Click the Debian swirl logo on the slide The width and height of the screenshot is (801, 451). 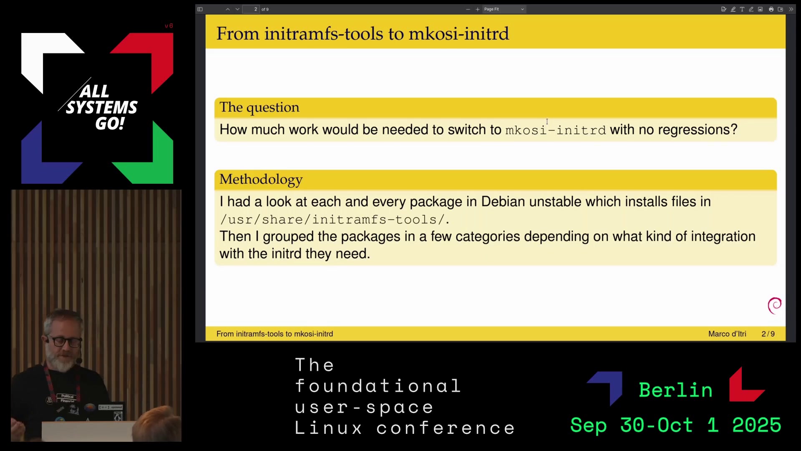[x=775, y=306]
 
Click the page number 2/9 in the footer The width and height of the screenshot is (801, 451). [x=768, y=334]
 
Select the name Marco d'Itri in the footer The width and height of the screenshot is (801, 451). [x=727, y=334]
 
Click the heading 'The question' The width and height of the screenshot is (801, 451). [x=259, y=107]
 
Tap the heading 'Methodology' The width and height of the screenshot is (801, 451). [x=261, y=179]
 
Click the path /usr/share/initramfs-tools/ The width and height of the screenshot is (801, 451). [x=335, y=219]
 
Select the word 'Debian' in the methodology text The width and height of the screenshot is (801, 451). [x=503, y=201]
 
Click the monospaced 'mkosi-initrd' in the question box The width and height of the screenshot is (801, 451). [x=556, y=130]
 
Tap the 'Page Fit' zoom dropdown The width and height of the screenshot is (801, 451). [x=504, y=9]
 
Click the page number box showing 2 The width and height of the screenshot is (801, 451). [x=251, y=9]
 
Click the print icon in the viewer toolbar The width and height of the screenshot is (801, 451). [x=771, y=9]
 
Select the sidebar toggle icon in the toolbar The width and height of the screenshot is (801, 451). [x=200, y=9]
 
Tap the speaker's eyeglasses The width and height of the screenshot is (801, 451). [x=65, y=341]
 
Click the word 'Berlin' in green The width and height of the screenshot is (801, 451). [x=675, y=390]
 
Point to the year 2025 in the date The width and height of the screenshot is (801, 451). [x=756, y=425]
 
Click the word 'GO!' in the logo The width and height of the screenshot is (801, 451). [x=110, y=123]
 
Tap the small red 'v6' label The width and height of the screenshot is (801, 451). [x=169, y=26]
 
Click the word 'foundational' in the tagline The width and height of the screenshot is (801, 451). [x=378, y=386]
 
